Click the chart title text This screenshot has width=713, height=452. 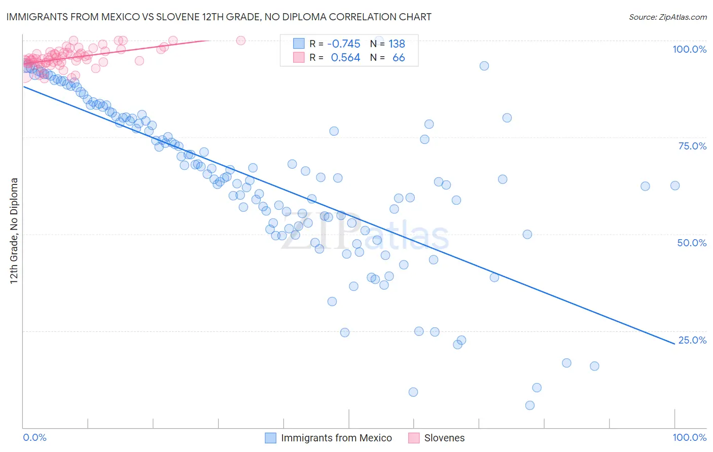[x=219, y=17]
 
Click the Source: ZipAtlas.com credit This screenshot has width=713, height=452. [x=667, y=17]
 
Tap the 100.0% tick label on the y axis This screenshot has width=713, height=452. [x=689, y=49]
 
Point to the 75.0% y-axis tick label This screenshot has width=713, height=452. [x=692, y=146]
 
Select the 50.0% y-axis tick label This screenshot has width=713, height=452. [x=692, y=243]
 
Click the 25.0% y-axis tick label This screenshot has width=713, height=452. [x=692, y=340]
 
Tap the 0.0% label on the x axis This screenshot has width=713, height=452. [x=35, y=437]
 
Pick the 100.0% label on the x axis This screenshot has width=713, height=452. [x=689, y=437]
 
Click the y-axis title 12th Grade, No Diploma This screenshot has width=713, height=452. [x=14, y=231]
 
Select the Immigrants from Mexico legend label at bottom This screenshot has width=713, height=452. [x=336, y=438]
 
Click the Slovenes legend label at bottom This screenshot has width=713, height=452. [x=444, y=438]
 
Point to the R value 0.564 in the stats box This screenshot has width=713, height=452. [x=345, y=58]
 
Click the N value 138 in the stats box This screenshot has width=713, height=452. [x=397, y=44]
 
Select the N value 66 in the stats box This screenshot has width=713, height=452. [x=399, y=58]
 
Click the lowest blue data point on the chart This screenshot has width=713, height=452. [x=530, y=405]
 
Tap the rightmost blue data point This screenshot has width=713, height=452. [x=675, y=185]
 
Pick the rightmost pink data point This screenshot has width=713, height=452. [x=241, y=41]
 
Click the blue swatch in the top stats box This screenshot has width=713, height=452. [x=299, y=44]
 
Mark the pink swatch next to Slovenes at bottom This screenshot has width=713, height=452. [x=414, y=438]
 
